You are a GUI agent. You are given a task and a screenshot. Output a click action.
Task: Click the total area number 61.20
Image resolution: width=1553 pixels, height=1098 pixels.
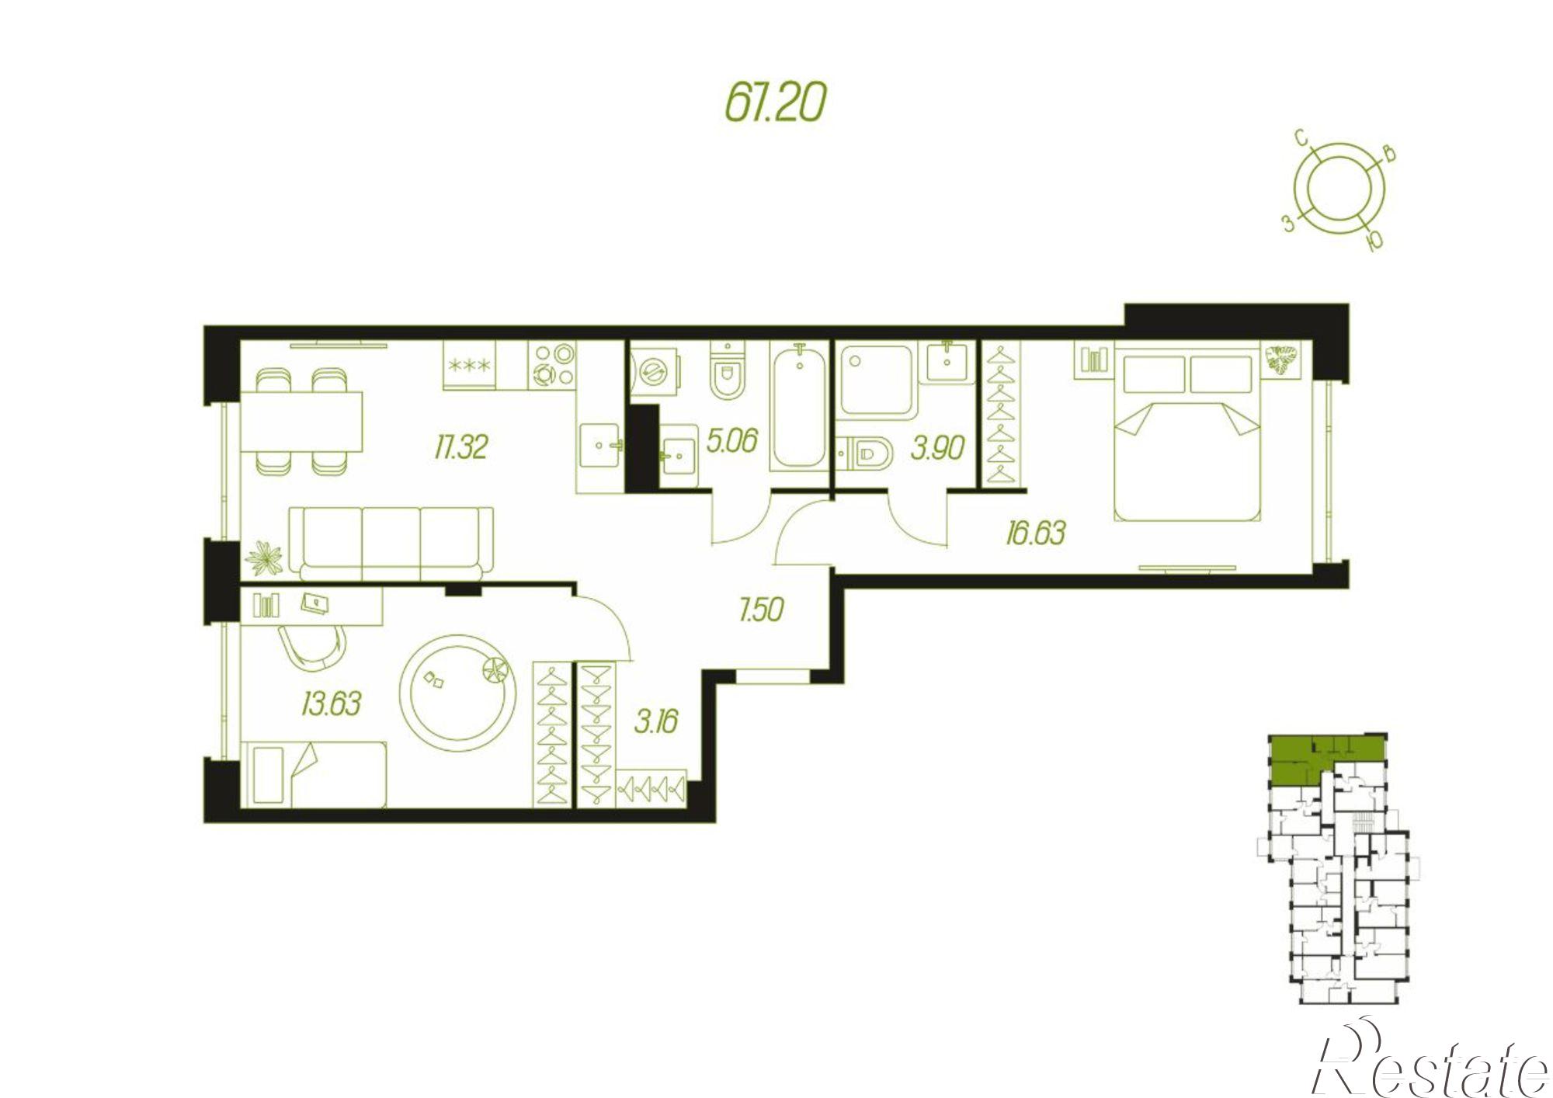[x=774, y=103]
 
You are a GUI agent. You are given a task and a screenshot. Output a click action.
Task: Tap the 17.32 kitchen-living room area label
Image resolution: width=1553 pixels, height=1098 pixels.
[x=461, y=447]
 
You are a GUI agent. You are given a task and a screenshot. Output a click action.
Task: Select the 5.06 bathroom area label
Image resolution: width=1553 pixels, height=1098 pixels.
[x=731, y=441]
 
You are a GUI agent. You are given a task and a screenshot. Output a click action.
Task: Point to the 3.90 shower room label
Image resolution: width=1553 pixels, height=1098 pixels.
[x=937, y=448]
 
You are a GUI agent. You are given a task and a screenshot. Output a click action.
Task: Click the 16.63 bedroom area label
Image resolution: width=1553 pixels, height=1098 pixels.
[x=1035, y=533]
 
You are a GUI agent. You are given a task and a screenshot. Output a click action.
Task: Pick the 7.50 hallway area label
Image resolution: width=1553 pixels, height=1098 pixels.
[x=761, y=610]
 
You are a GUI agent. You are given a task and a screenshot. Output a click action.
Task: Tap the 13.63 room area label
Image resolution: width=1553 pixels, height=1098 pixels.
[x=331, y=704]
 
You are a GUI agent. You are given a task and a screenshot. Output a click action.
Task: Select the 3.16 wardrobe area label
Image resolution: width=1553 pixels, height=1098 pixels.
[x=656, y=721]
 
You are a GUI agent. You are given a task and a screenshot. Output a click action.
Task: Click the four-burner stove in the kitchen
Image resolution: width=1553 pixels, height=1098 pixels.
[x=553, y=365]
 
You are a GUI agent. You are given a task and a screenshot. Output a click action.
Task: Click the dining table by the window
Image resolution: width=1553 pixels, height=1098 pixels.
[x=301, y=422]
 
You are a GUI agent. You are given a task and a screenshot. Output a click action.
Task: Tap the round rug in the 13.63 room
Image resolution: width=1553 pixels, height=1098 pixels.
[x=458, y=693]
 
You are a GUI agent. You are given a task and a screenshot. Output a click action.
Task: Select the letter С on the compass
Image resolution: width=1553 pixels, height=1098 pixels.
[x=1301, y=160]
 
